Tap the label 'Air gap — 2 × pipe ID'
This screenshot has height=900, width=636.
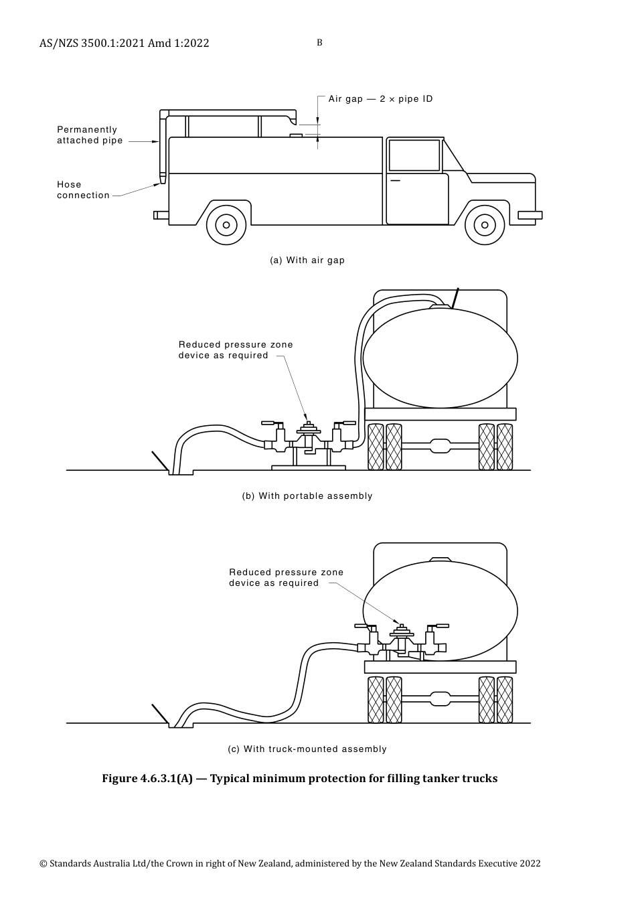point(380,99)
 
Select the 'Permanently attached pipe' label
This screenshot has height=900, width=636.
point(90,135)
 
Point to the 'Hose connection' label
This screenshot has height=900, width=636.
point(83,190)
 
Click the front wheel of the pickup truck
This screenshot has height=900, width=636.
point(485,224)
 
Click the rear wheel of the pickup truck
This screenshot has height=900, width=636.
point(226,224)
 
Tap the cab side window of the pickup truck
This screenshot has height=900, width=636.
point(414,155)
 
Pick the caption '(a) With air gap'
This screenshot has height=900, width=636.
point(307,260)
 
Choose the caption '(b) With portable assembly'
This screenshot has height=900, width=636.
point(307,496)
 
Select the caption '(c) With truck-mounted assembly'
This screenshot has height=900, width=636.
point(307,749)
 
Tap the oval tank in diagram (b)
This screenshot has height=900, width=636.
point(440,358)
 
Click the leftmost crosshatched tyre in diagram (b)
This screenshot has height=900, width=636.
point(376,447)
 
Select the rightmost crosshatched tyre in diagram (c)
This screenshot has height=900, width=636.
point(505,700)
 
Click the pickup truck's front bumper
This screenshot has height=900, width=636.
point(530,215)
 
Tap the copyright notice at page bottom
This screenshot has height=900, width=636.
point(290,864)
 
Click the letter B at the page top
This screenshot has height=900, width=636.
point(319,43)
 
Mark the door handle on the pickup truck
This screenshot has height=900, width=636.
point(395,181)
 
